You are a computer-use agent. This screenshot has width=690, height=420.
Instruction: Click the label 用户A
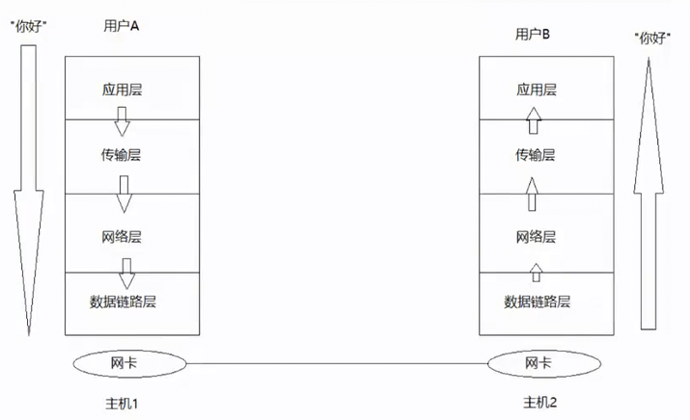(x=122, y=26)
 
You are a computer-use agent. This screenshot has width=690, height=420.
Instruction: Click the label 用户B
(x=533, y=34)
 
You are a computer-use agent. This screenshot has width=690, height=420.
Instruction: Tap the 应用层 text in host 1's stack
(x=122, y=90)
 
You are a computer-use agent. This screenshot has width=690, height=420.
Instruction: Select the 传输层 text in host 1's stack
(x=121, y=155)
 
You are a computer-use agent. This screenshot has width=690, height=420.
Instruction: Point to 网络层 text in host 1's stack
(x=122, y=237)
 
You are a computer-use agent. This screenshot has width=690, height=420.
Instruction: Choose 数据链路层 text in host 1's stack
(x=123, y=302)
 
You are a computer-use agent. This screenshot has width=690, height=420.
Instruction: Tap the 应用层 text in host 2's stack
(x=537, y=90)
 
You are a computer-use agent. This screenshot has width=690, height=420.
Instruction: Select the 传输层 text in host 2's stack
(x=535, y=155)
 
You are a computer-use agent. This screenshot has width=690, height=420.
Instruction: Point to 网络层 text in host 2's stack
(x=536, y=237)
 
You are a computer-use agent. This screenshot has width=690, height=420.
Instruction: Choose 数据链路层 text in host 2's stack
(x=537, y=302)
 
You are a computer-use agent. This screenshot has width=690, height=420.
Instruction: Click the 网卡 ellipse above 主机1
(x=129, y=364)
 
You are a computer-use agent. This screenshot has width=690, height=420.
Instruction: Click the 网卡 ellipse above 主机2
(x=544, y=364)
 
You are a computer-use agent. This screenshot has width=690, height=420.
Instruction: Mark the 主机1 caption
(x=122, y=404)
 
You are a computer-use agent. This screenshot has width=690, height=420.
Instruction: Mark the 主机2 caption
(x=539, y=402)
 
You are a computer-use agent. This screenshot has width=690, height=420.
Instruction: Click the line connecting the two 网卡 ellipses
(x=337, y=364)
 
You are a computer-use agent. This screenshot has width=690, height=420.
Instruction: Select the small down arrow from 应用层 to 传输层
(x=122, y=121)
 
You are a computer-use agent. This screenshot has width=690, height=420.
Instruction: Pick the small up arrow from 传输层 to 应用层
(x=534, y=120)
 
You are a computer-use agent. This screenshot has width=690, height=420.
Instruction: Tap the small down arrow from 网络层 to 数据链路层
(x=126, y=274)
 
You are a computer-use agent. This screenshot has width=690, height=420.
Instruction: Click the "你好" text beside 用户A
(x=29, y=26)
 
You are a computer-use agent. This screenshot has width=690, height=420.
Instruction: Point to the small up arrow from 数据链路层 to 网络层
(x=536, y=273)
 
